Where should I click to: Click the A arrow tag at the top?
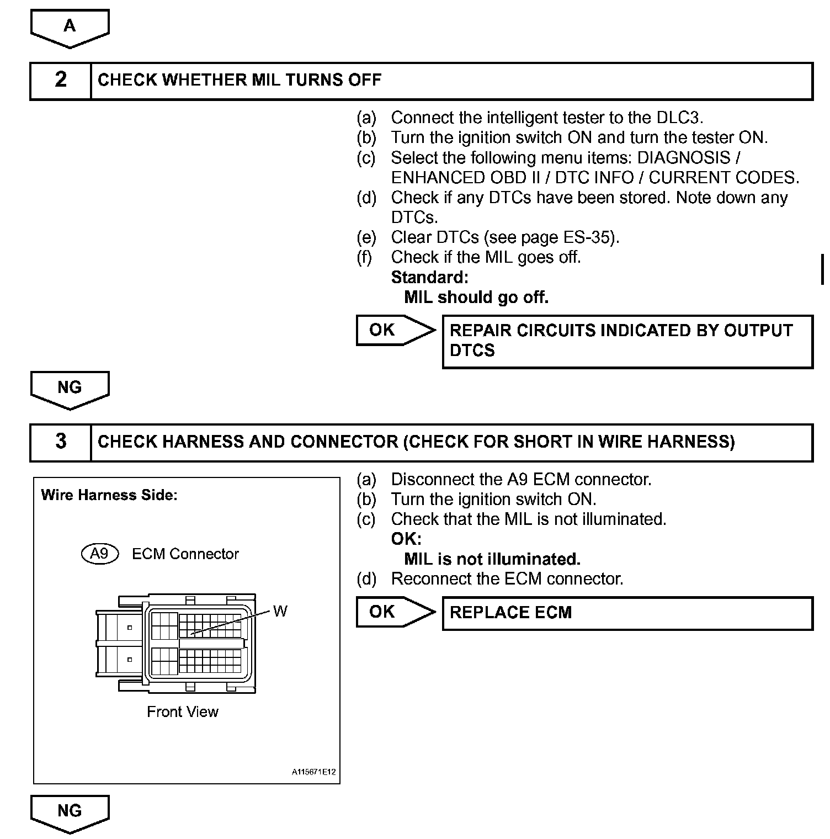70,27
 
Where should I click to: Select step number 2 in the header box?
61,80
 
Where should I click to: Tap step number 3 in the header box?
61,442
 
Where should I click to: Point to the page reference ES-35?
588,237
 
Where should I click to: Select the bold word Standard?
429,277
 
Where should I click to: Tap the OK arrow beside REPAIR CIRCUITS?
393,330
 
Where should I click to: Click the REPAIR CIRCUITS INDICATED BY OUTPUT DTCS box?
627,341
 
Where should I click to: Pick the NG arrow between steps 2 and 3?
70,388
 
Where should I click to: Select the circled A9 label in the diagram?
100,554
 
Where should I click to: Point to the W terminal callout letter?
280,611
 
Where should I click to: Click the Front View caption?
183,712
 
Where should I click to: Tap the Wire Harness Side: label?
109,495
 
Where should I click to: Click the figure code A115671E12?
313,772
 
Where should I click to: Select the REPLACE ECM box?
627,613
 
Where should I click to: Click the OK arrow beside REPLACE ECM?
393,612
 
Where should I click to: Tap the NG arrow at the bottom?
70,811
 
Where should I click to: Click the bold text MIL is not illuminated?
492,559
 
